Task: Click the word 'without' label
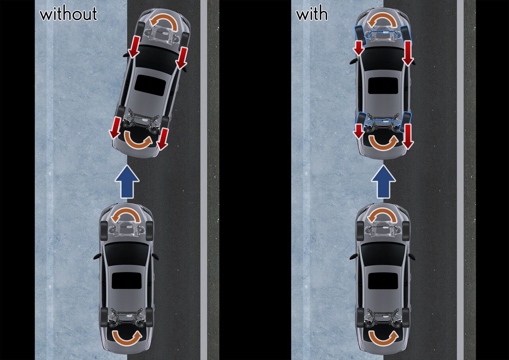tap(68, 14)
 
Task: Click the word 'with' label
tap(312, 14)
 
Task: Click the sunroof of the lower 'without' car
tap(127, 280)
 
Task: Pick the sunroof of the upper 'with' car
tap(383, 86)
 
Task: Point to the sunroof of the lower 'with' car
tap(383, 280)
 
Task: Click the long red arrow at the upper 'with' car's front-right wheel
tap(408, 53)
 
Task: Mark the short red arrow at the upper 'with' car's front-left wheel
tap(359, 48)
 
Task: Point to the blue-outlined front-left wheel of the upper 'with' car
tap(360, 35)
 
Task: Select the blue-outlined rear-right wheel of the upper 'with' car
tap(406, 122)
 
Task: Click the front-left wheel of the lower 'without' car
tap(103, 231)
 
